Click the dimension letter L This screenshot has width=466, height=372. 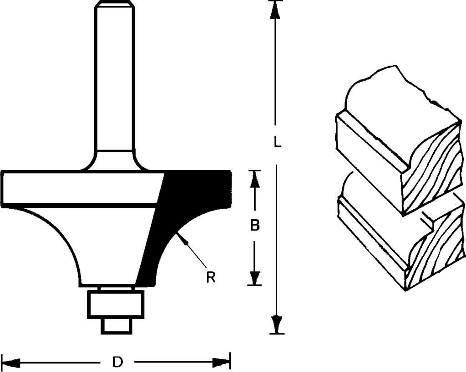277,142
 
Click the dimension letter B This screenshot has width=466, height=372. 255,225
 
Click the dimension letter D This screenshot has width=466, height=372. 118,362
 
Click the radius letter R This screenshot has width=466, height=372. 211,277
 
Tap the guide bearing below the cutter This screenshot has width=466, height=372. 115,305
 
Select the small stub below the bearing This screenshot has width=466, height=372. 116,326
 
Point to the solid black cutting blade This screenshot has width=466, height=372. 184,214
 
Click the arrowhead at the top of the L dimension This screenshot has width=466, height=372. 275,9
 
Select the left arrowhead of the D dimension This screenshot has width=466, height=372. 10,362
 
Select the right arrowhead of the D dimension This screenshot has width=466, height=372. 222,362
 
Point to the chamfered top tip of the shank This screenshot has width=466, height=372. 114,4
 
